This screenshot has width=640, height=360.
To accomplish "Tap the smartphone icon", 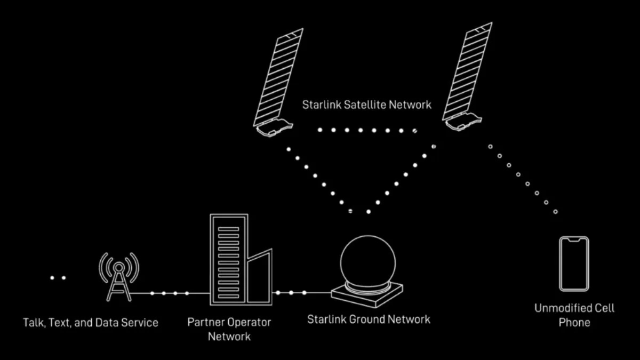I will (x=574, y=263).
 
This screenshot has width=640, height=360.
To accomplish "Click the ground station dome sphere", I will (x=368, y=262).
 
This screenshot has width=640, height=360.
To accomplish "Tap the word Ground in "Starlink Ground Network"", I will (x=367, y=319).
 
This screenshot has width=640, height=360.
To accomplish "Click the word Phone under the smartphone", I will (x=574, y=322).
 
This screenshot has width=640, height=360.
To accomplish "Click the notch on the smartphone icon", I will (x=574, y=241).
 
